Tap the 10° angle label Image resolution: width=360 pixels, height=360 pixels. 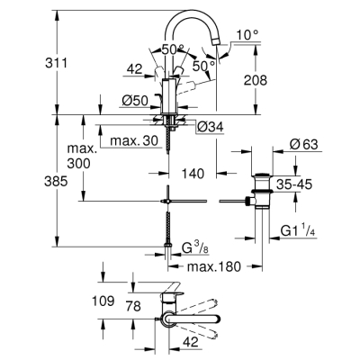[248, 34]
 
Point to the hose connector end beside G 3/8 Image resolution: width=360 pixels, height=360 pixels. [168, 243]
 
